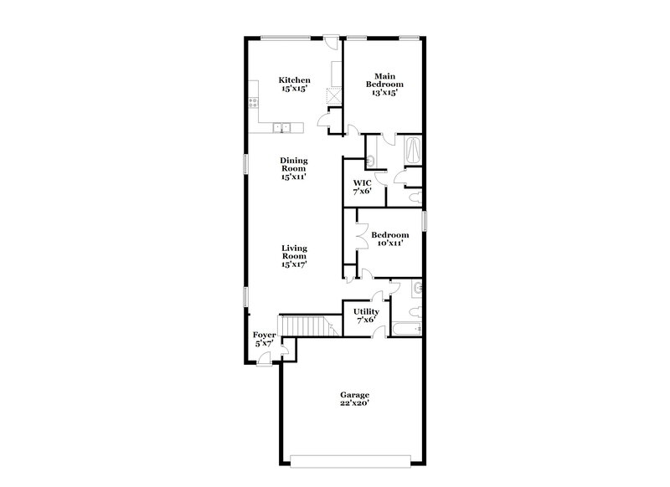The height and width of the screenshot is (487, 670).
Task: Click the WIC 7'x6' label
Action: [362, 187]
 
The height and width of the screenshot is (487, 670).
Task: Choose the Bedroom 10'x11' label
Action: [389, 238]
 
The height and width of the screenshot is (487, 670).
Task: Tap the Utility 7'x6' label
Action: [367, 315]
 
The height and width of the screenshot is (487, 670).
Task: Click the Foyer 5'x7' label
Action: [265, 339]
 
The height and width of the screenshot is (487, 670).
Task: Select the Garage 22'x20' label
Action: [354, 399]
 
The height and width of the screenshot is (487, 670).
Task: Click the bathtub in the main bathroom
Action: [414, 151]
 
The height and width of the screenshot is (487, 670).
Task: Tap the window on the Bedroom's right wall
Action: [425, 221]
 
